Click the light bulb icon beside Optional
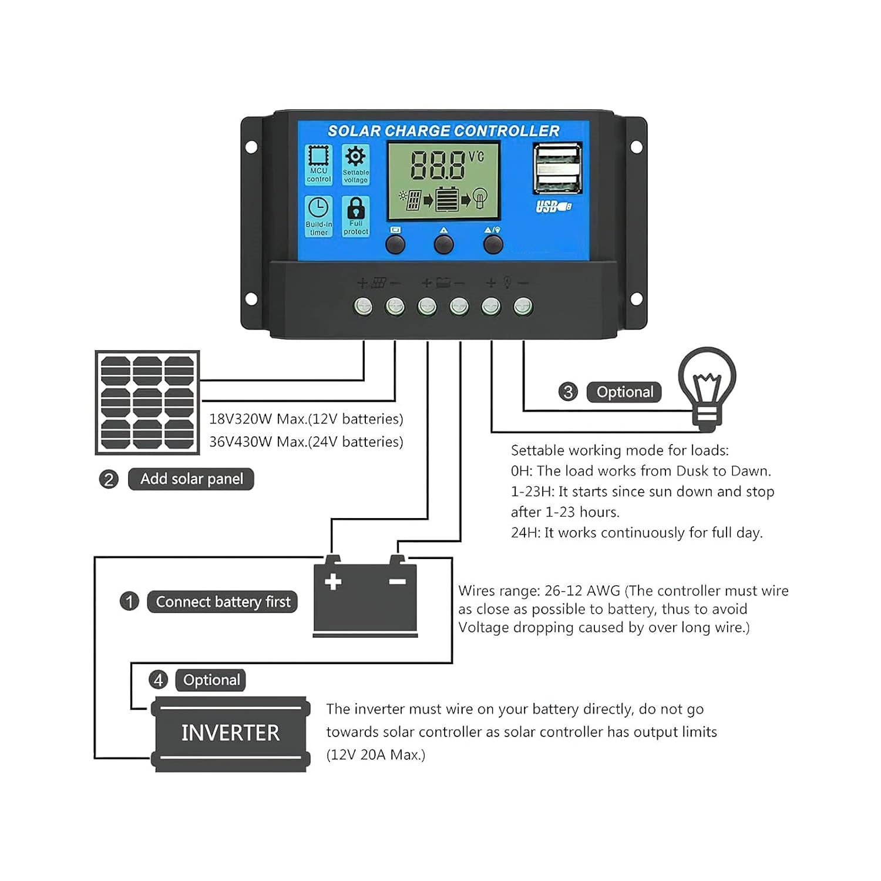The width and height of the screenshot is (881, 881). click(x=707, y=385)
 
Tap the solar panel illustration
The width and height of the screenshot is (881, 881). click(x=147, y=403)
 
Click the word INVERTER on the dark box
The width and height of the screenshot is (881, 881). click(x=230, y=733)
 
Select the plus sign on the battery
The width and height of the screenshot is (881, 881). click(x=333, y=581)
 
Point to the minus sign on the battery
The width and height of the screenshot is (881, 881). click(x=398, y=581)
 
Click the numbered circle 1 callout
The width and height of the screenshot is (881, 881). click(x=129, y=601)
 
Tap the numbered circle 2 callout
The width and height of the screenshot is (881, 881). click(x=109, y=479)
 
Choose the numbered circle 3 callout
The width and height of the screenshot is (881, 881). click(x=568, y=392)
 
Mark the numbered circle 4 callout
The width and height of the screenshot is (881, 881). click(x=158, y=680)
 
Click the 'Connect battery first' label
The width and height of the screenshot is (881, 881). click(x=223, y=602)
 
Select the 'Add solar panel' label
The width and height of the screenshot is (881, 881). click(x=191, y=479)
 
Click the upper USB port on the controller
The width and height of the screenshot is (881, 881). click(x=557, y=157)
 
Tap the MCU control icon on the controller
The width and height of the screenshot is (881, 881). click(x=319, y=157)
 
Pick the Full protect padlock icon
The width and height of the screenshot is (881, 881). click(x=356, y=209)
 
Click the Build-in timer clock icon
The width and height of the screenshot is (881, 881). click(x=319, y=209)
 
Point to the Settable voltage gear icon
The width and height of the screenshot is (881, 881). click(x=355, y=157)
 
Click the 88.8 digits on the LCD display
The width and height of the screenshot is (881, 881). click(x=437, y=165)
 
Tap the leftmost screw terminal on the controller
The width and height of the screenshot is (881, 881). click(x=364, y=306)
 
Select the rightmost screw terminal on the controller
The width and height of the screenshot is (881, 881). click(x=523, y=306)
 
